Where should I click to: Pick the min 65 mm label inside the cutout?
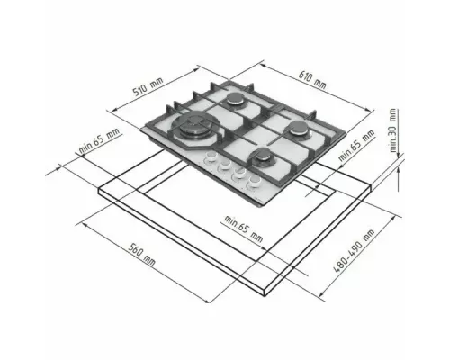coord(244,229)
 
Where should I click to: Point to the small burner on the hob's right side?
coord(293,129)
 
